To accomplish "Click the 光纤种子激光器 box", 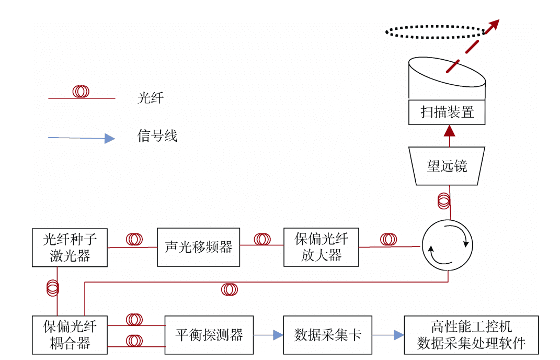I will [70, 248].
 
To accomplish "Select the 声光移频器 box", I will [198, 247].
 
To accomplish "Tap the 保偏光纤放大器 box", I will [321, 247].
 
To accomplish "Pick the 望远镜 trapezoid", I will [447, 166].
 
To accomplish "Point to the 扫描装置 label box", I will [447, 112].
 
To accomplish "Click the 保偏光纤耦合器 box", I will [70, 335].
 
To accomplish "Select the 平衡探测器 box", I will [209, 335].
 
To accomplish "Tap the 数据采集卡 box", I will [327, 335].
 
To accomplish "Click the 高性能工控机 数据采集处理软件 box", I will [471, 335].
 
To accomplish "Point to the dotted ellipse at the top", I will [435, 31].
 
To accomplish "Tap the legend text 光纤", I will [151, 98].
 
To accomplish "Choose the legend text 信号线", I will [157, 136].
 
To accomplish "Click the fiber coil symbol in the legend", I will [81, 92].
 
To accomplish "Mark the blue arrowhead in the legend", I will [109, 139].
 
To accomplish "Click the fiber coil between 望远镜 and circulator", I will [443, 200].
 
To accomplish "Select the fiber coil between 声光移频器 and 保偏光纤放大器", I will [262, 239].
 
